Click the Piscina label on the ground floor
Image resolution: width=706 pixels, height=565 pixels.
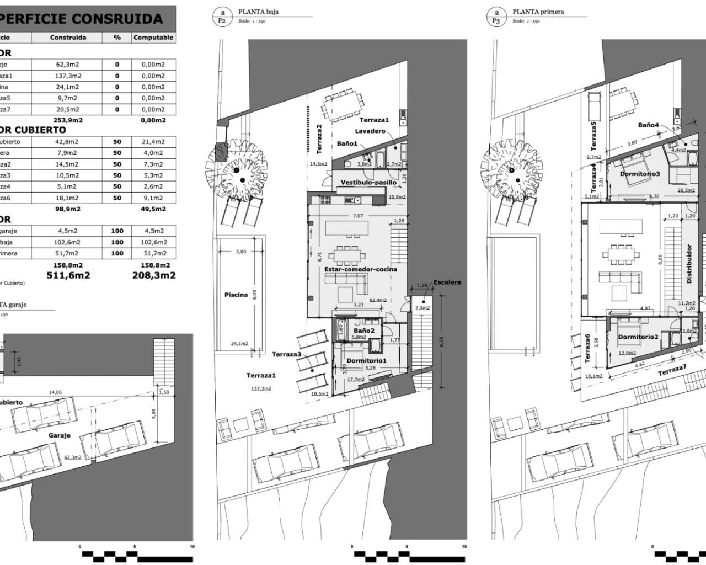pyautogui.click(x=236, y=295)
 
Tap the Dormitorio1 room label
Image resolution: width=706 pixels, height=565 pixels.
pyautogui.click(x=366, y=361)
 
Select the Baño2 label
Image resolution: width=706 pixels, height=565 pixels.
pyautogui.click(x=364, y=331)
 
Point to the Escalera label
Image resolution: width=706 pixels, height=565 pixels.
pyautogui.click(x=447, y=282)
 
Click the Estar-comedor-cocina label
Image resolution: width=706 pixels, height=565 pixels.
pyautogui.click(x=360, y=269)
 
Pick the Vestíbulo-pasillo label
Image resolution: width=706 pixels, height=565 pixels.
pyautogui.click(x=368, y=182)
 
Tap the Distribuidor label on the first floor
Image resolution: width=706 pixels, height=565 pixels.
pyautogui.click(x=689, y=264)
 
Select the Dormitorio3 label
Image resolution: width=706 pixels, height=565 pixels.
pyautogui.click(x=640, y=174)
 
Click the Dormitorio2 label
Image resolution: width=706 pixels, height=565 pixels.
pyautogui.click(x=638, y=337)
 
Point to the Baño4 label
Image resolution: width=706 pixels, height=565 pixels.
pyautogui.click(x=649, y=125)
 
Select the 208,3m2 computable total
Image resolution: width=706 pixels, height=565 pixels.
pyautogui.click(x=154, y=275)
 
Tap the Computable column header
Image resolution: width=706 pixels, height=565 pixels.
pyautogui.click(x=153, y=38)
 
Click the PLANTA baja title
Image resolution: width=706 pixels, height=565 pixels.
pyautogui.click(x=259, y=12)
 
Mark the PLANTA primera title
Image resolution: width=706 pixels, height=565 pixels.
pyautogui.click(x=538, y=12)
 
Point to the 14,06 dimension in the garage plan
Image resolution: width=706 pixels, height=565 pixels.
pyautogui.click(x=55, y=392)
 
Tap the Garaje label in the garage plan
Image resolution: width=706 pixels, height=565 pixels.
pyautogui.click(x=60, y=435)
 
